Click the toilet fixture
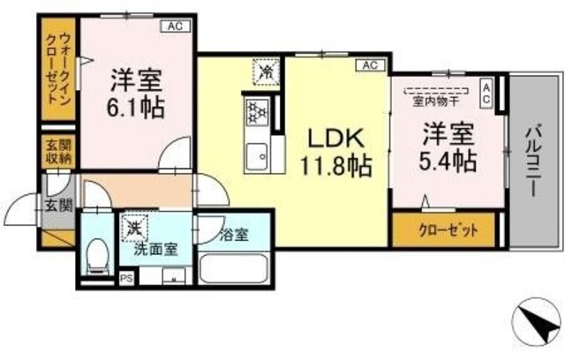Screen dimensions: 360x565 (98, 258)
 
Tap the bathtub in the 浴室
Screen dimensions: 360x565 (234, 266)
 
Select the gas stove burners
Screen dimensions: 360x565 (256, 112)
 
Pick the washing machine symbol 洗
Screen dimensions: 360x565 (135, 228)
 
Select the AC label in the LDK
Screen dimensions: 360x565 (369, 65)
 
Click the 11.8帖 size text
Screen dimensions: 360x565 (334, 165)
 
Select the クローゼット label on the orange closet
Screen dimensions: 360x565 (445, 231)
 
